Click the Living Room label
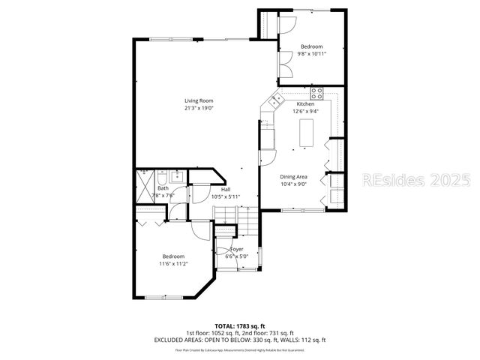(x=199, y=100)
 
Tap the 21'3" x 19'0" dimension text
(x=199, y=108)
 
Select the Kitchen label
(x=305, y=103)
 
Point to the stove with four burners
(x=317, y=94)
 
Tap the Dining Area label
(x=294, y=176)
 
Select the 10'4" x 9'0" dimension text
(x=294, y=184)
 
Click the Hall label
(x=225, y=189)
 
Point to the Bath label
(x=163, y=188)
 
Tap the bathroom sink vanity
(x=178, y=176)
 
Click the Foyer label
(x=236, y=249)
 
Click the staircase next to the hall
(x=235, y=220)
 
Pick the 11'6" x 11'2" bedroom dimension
(x=172, y=263)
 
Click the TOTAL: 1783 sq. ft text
(x=240, y=325)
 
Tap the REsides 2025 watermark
(x=416, y=181)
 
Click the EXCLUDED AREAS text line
(x=240, y=340)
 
